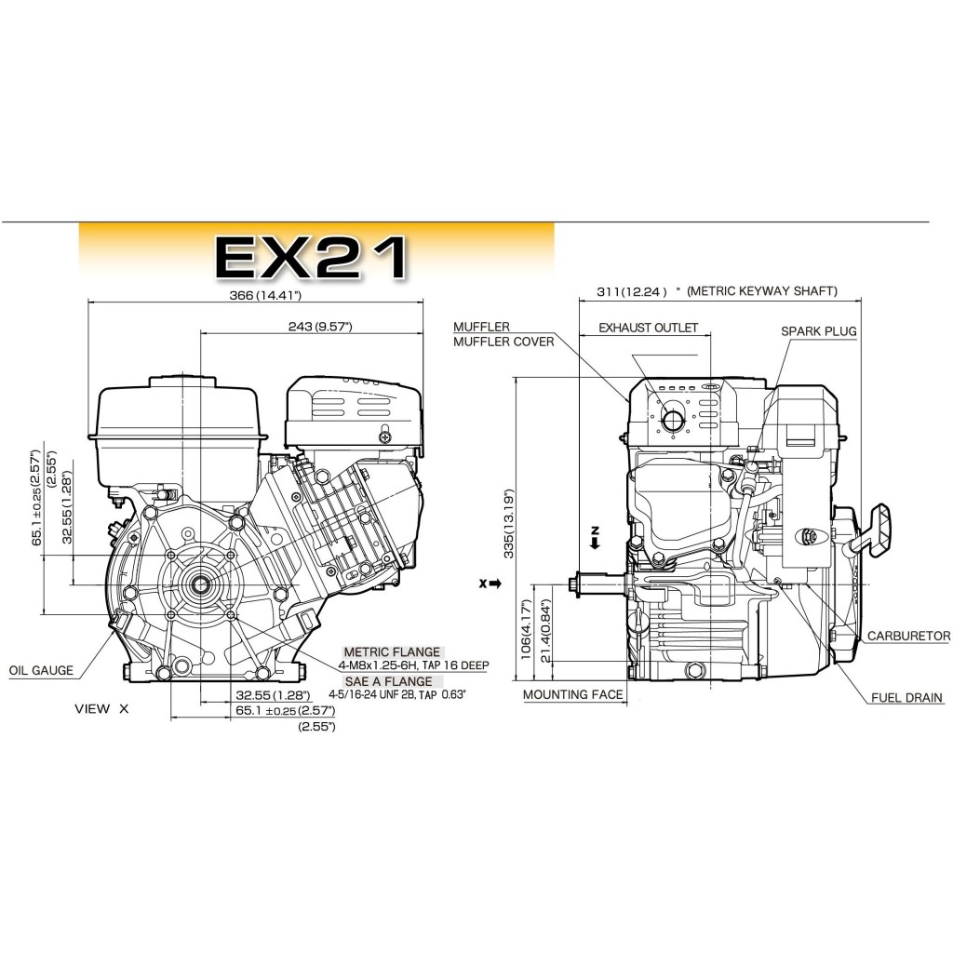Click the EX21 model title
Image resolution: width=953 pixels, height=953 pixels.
point(311,258)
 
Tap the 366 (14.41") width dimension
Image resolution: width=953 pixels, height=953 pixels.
point(265,295)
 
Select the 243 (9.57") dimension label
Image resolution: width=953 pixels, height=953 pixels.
point(320,327)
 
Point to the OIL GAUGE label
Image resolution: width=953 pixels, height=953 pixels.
point(41,670)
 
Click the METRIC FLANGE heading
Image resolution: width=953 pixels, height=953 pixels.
point(392,652)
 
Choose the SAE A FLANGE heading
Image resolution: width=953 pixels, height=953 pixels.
point(389,681)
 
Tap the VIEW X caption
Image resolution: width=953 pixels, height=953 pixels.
point(101,708)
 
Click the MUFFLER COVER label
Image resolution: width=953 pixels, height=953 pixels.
point(503,342)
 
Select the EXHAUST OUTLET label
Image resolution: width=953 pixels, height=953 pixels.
point(649,328)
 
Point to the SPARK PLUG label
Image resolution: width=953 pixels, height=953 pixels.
point(819,331)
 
